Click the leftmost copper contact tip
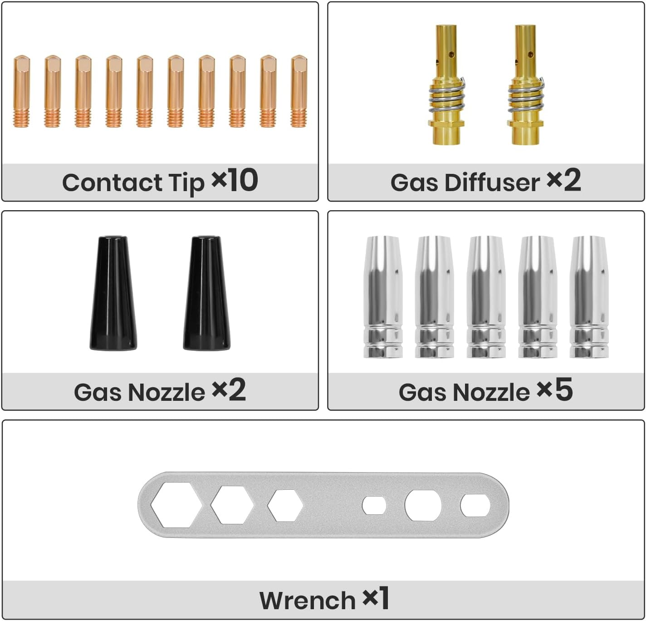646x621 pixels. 22,91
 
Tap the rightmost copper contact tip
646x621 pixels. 299,91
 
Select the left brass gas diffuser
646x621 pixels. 446,85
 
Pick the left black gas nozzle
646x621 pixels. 113,293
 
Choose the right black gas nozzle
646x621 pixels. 206,293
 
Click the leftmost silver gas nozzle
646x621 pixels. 383,297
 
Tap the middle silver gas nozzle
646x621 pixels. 486,297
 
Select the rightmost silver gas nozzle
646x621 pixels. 589,297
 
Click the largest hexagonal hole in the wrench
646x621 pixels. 176,505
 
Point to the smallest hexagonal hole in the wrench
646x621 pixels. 285,505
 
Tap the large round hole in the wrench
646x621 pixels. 423,505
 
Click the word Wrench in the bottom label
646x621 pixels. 308,601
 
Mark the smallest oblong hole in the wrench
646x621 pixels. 374,505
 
